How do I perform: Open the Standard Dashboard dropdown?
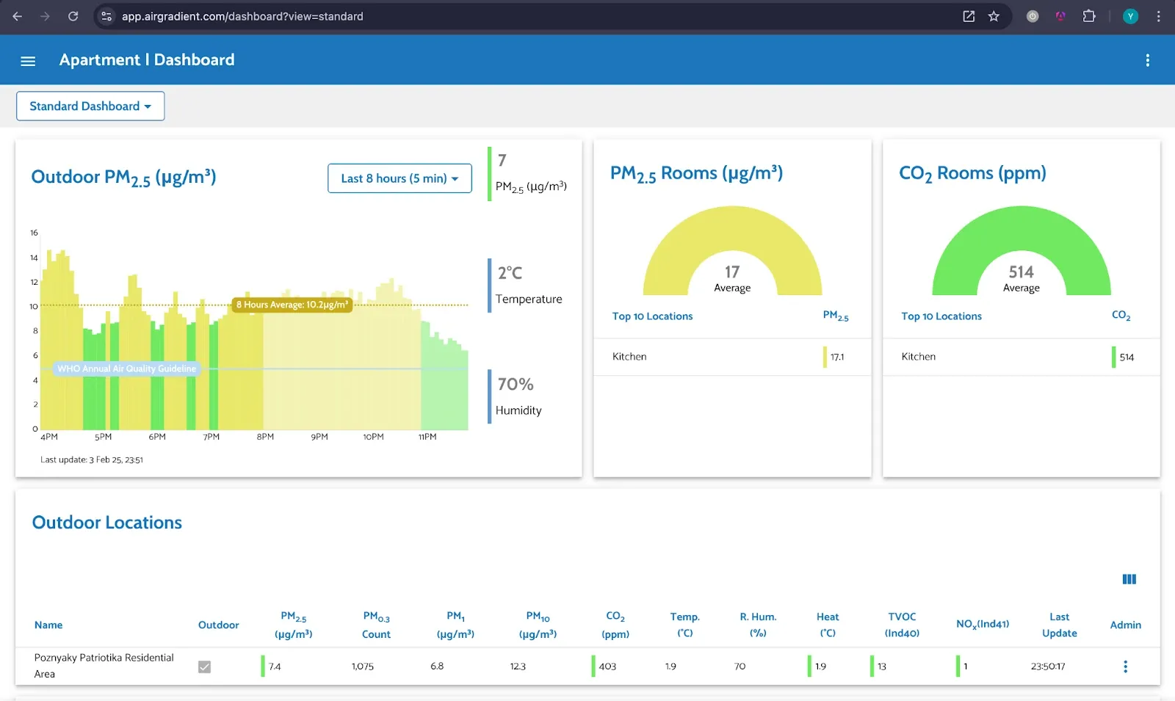point(90,106)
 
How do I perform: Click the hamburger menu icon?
point(28,61)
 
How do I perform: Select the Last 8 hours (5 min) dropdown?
point(399,178)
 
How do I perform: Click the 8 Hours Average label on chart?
point(292,305)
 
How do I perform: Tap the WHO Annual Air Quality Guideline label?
point(126,368)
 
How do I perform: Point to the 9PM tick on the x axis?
point(319,437)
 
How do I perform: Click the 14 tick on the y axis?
point(34,258)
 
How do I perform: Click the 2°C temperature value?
point(510,273)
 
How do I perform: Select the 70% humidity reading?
point(515,385)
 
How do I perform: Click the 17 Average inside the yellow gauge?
point(732,278)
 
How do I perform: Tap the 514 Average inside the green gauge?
point(1021,278)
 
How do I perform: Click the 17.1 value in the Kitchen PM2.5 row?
point(837,357)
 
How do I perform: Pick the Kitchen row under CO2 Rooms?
point(919,357)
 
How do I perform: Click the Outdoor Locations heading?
point(107,523)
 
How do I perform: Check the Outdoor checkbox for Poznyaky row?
point(204,667)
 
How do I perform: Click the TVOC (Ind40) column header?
point(902,625)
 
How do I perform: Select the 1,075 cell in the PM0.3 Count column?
point(362,667)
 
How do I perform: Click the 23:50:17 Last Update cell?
point(1047,667)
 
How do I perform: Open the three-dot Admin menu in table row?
point(1125,667)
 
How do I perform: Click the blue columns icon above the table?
point(1129,579)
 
